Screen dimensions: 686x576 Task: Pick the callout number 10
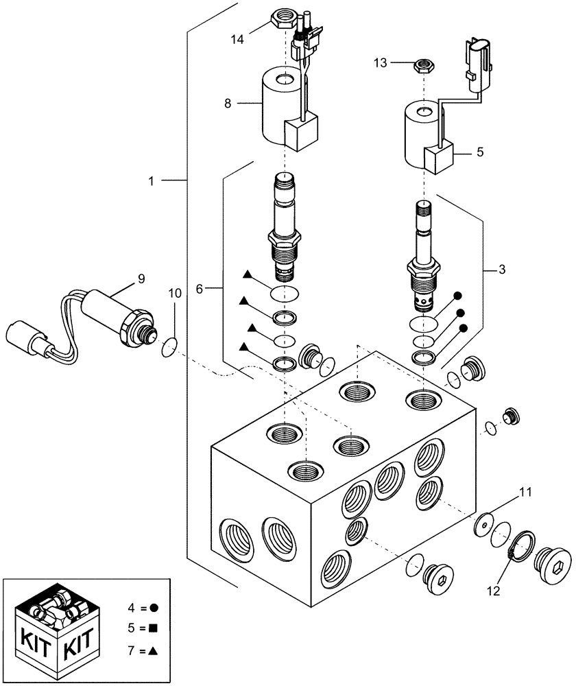click(x=175, y=293)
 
